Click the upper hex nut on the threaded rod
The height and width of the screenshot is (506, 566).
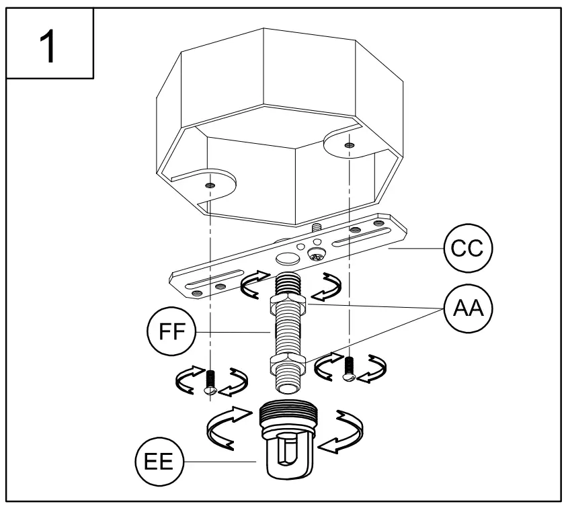click(x=288, y=305)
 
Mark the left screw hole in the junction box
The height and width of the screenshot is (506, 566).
click(x=210, y=185)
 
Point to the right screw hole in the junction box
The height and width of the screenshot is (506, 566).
click(x=347, y=144)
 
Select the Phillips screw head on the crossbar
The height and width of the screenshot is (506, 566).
click(x=316, y=255)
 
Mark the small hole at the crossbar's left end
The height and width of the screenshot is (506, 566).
click(x=196, y=293)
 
